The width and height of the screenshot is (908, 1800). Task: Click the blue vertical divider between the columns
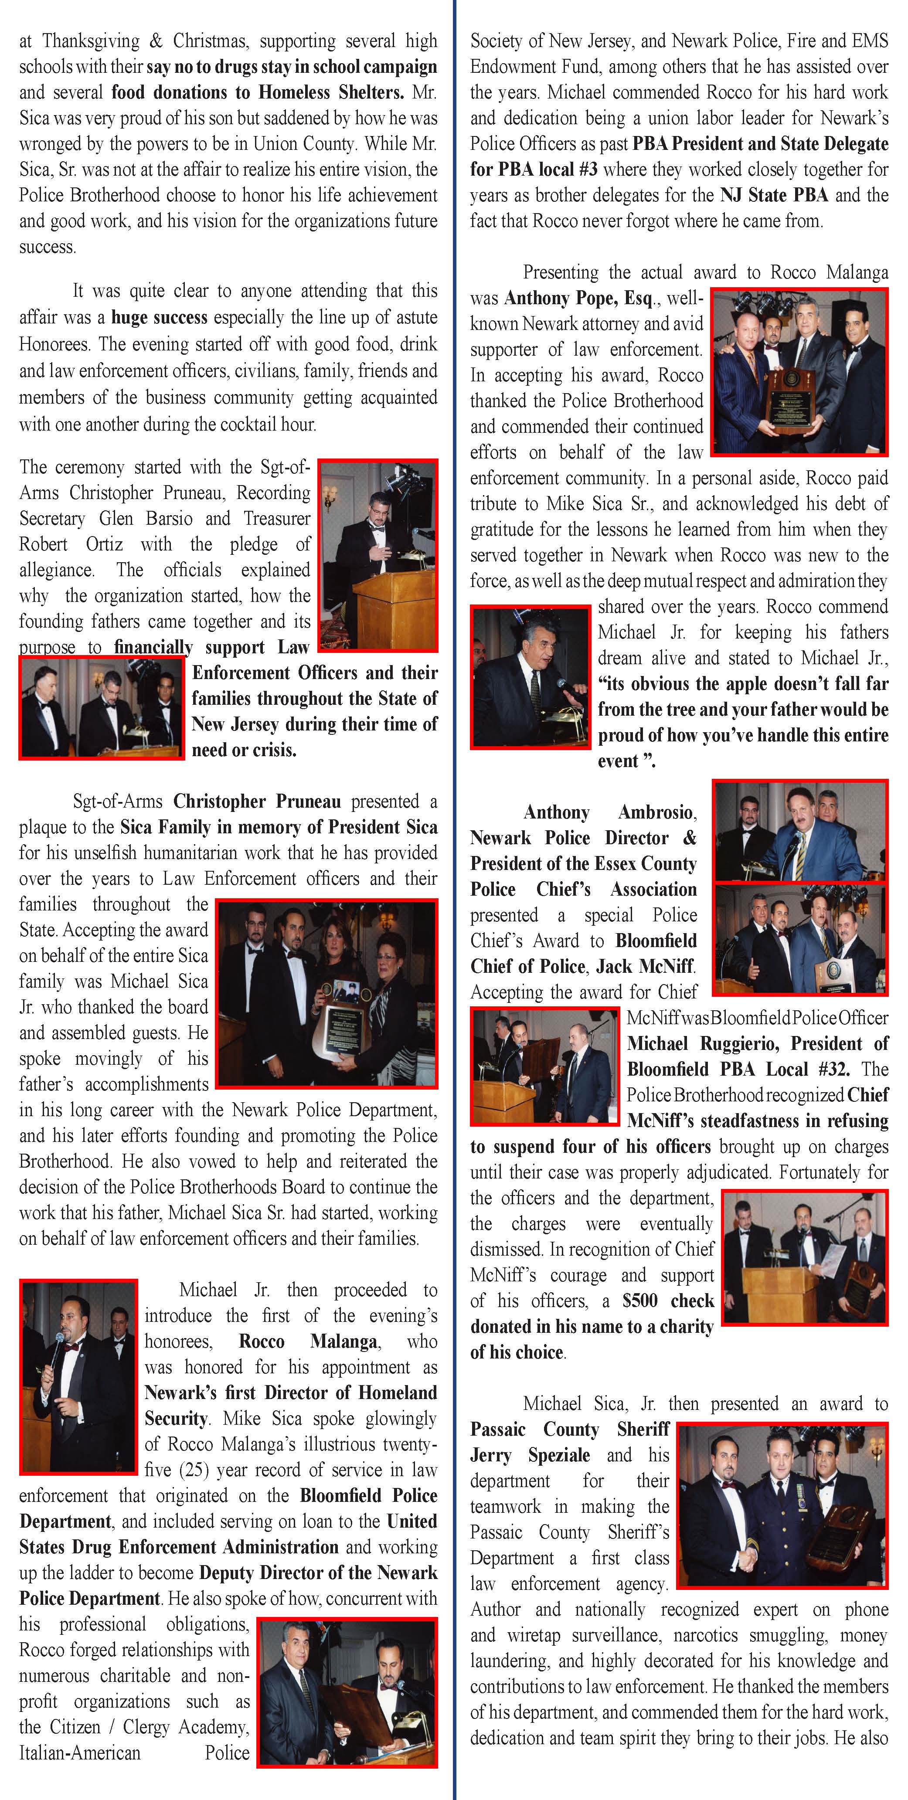pos(454,900)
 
